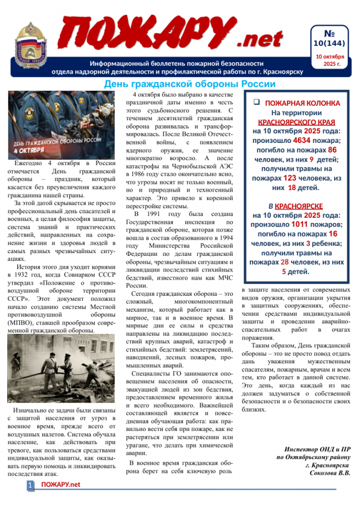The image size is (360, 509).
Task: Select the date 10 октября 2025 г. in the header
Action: (x=330, y=60)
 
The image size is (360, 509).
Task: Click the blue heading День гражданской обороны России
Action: (x=190, y=84)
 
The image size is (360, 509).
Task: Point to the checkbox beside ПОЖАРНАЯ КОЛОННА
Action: (x=256, y=102)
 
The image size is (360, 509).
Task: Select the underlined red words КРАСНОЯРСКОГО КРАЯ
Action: (x=296, y=122)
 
